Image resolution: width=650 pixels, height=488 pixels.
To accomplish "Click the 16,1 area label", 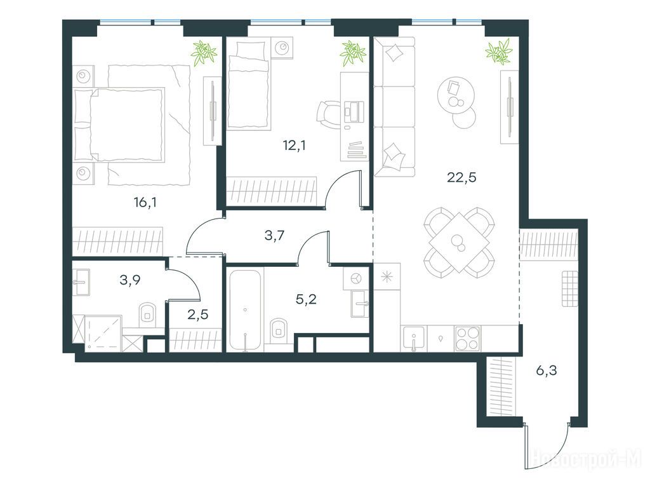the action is point(145,203).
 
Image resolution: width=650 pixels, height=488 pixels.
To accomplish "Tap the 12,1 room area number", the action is point(294,146).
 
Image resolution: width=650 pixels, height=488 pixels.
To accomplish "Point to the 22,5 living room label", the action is point(462,178).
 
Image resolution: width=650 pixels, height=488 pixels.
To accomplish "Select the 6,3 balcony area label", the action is point(547,370).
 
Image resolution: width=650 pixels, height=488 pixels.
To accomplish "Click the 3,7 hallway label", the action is point(274,236).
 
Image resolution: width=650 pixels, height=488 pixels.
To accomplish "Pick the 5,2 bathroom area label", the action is point(307,299).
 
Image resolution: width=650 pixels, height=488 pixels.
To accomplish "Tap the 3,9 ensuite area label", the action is point(130,280).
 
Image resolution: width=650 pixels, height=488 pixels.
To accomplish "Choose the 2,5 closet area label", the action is point(198,315).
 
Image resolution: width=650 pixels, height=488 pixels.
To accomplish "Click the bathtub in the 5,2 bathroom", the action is point(246,310).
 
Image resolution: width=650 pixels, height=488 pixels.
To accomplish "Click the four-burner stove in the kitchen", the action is point(468,338).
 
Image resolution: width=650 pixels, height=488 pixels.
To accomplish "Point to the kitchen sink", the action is point(413,339).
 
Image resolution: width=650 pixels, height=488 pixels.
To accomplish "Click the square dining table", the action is point(459,242).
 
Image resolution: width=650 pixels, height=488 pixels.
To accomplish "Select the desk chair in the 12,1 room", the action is point(328,112).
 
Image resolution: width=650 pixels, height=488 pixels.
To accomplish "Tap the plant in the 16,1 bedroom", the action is point(204,52).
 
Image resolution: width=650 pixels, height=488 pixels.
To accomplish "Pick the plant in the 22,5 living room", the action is point(499,51).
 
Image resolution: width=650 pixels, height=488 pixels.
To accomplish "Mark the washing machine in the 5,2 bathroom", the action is point(356,278).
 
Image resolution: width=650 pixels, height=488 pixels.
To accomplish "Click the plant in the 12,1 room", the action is point(353,53).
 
